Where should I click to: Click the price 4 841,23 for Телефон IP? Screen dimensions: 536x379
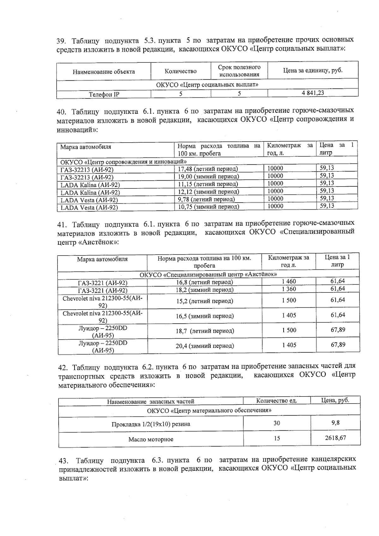pyautogui.click(x=313, y=93)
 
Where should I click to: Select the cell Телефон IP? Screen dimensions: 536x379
pyautogui.click(x=104, y=94)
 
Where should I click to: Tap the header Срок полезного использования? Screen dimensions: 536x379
pyautogui.click(x=239, y=71)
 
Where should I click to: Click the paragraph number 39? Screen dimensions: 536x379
pyautogui.click(x=61, y=41)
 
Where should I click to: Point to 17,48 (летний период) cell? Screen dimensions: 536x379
pyautogui.click(x=208, y=169)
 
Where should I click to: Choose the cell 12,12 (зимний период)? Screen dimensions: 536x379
pyautogui.click(x=208, y=192)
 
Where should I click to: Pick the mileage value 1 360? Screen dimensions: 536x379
pyautogui.click(x=289, y=289)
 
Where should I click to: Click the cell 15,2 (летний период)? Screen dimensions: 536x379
pyautogui.click(x=204, y=301)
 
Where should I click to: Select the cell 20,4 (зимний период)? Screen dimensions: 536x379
pyautogui.click(x=205, y=346)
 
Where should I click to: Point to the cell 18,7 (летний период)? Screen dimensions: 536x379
pyautogui.click(x=205, y=331)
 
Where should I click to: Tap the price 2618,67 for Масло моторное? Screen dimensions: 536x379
pyautogui.click(x=335, y=438)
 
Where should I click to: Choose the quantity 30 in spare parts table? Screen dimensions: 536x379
pyautogui.click(x=277, y=423)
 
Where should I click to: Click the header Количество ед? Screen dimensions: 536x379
pyautogui.click(x=277, y=401)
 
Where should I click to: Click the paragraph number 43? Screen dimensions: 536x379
pyautogui.click(x=64, y=460)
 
